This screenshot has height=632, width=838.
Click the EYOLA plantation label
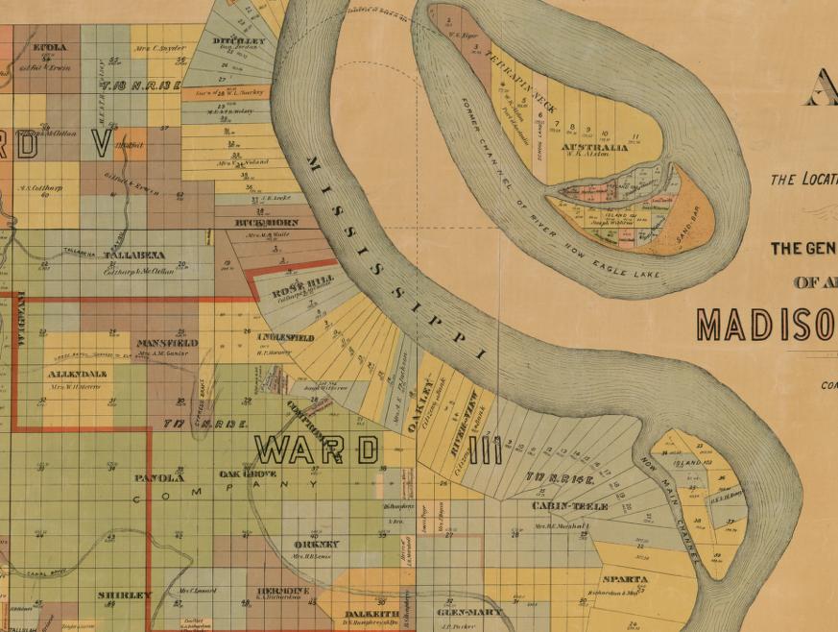[x=50, y=47]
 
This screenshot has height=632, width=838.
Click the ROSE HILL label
[x=290, y=290]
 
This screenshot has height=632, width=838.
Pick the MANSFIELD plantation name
[x=167, y=342]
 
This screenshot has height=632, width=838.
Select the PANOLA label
[x=159, y=477]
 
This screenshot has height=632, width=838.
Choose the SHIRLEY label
[x=125, y=596]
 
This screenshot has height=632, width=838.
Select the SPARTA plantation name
[x=624, y=579]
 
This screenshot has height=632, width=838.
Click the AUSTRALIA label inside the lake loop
[x=594, y=148]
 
